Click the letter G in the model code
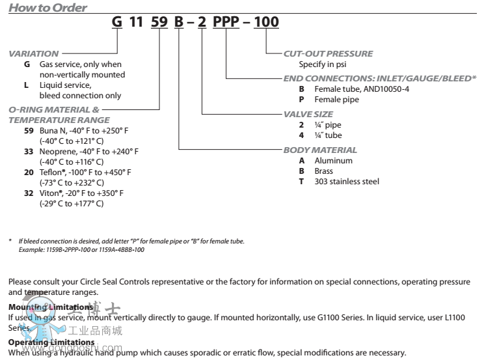(x=117, y=22)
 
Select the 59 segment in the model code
(x=159, y=22)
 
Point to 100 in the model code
(x=266, y=22)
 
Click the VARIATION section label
(x=34, y=53)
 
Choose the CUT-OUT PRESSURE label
(x=328, y=53)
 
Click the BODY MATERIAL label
(x=319, y=150)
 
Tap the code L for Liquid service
(x=26, y=85)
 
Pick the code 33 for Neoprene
(x=29, y=151)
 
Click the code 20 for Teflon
(x=29, y=172)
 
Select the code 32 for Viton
(x=29, y=193)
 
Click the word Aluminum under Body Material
(x=333, y=160)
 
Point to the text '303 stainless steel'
(x=346, y=182)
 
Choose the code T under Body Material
(x=301, y=182)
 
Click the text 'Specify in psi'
(x=324, y=64)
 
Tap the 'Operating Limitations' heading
(x=51, y=342)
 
